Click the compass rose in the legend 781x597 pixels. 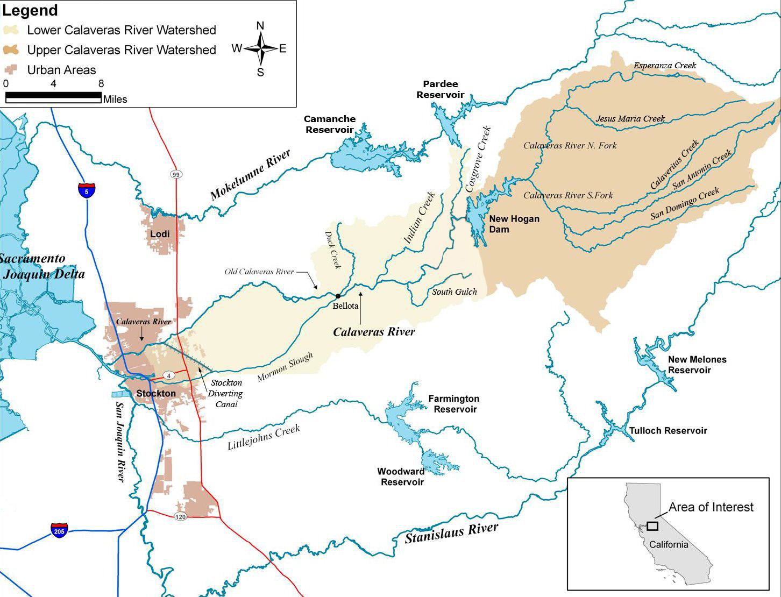[260, 49]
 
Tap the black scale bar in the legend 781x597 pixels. [53, 97]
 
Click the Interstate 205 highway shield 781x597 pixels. [60, 530]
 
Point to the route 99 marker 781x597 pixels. [176, 174]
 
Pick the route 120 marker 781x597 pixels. [180, 516]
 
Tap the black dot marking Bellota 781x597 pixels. [338, 296]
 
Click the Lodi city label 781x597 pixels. [160, 233]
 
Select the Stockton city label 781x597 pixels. [156, 393]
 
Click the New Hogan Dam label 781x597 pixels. [514, 224]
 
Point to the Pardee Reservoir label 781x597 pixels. [440, 89]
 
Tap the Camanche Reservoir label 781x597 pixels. [329, 124]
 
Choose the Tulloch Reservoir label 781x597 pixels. [668, 430]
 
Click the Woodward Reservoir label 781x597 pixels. [401, 477]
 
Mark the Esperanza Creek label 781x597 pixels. [664, 66]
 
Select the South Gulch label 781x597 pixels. [454, 292]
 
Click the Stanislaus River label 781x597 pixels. [451, 533]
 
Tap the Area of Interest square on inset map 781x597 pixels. [652, 525]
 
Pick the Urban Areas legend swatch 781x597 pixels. [11, 70]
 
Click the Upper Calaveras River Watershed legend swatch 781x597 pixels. [11, 50]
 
